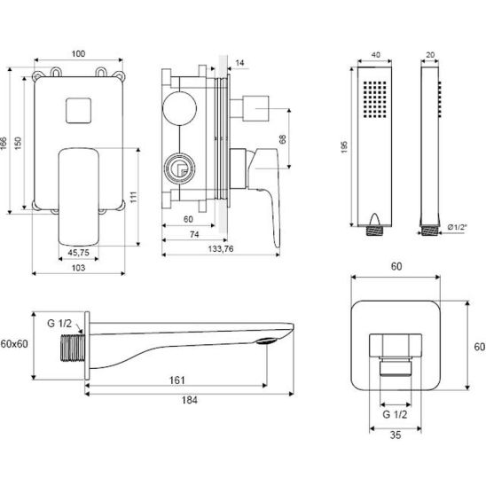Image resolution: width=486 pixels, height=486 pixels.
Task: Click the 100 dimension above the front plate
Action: click(78, 53)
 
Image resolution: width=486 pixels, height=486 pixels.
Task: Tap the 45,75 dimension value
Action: click(78, 253)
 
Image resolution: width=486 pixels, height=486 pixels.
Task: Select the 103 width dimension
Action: click(78, 268)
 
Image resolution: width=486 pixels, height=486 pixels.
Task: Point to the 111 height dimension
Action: click(134, 197)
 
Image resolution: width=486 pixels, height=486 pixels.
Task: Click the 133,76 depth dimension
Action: click(221, 249)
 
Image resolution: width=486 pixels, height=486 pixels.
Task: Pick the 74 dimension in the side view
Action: click(194, 235)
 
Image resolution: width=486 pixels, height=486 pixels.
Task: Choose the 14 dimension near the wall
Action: click(239, 63)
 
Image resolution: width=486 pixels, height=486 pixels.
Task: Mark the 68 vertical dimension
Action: click(282, 139)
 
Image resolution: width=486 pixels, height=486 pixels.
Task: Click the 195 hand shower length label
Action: click(344, 147)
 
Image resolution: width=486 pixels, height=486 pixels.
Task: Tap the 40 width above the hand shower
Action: click(376, 55)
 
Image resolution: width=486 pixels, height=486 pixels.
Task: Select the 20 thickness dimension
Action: click(430, 55)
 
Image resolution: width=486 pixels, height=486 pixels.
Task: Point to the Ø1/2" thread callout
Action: click(457, 227)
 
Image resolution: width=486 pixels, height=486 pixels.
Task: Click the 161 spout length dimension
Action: click(177, 380)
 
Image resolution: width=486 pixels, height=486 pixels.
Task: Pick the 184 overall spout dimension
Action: click(190, 400)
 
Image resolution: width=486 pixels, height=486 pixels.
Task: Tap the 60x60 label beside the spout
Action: click(14, 344)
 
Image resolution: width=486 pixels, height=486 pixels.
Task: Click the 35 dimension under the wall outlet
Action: click(396, 435)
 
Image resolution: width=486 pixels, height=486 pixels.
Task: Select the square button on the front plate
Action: click(78, 110)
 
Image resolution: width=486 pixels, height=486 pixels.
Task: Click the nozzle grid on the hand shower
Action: click(375, 99)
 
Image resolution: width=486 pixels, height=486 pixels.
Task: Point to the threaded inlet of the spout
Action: click(72, 348)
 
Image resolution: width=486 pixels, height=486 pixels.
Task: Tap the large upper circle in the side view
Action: click(179, 108)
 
